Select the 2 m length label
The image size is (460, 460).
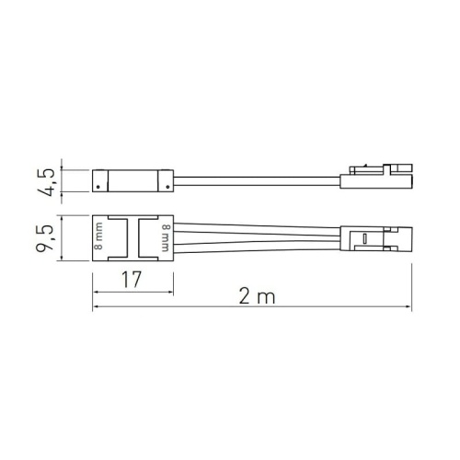pos(249,296)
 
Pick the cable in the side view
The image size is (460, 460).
pos(258,178)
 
